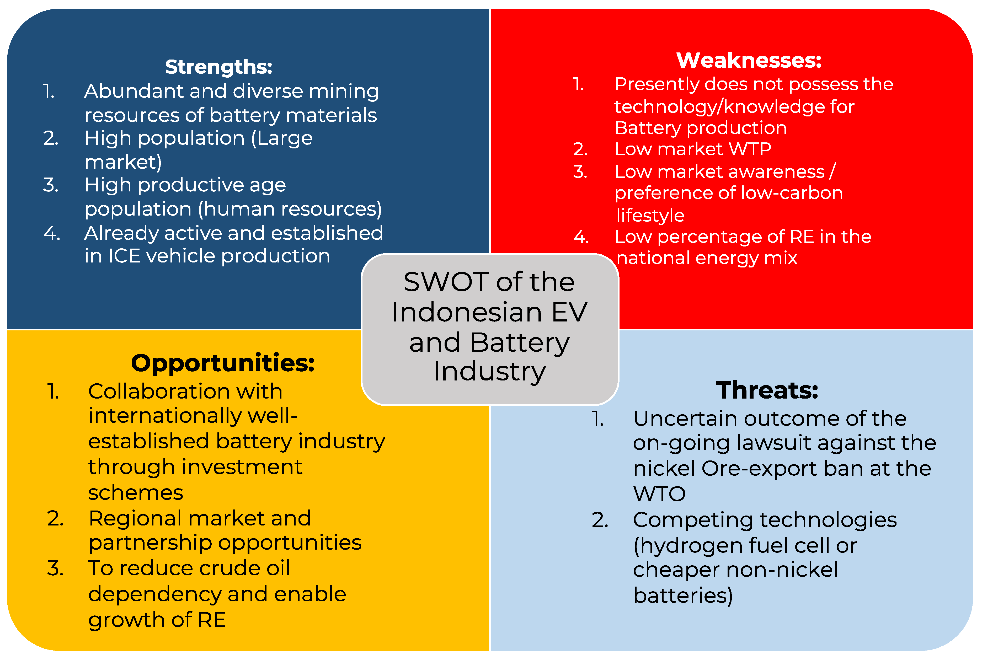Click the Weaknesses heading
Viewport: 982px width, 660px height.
click(749, 60)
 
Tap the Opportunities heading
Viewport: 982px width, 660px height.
click(223, 363)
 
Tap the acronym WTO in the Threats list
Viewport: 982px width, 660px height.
click(659, 494)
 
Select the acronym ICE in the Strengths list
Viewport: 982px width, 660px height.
click(124, 256)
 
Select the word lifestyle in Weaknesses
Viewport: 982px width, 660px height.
click(650, 216)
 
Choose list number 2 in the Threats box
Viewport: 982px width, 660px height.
click(600, 520)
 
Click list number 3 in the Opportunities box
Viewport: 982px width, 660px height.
click(55, 568)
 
